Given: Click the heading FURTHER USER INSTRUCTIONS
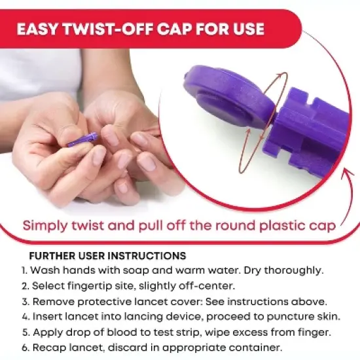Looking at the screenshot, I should [x=107, y=255].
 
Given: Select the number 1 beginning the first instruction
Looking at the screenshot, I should [x=23, y=270].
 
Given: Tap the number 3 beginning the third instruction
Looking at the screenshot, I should [x=24, y=301].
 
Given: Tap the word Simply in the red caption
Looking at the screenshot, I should [x=43, y=225].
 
